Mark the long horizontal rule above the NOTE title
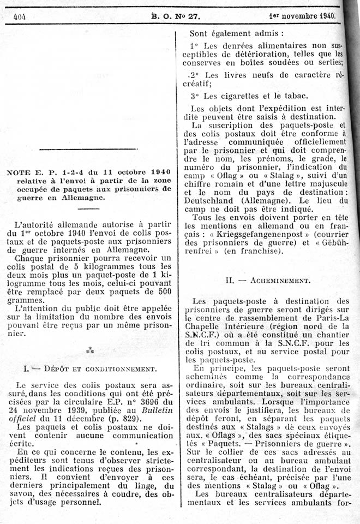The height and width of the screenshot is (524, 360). (x=88, y=149)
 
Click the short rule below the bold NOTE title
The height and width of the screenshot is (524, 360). (x=89, y=209)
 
